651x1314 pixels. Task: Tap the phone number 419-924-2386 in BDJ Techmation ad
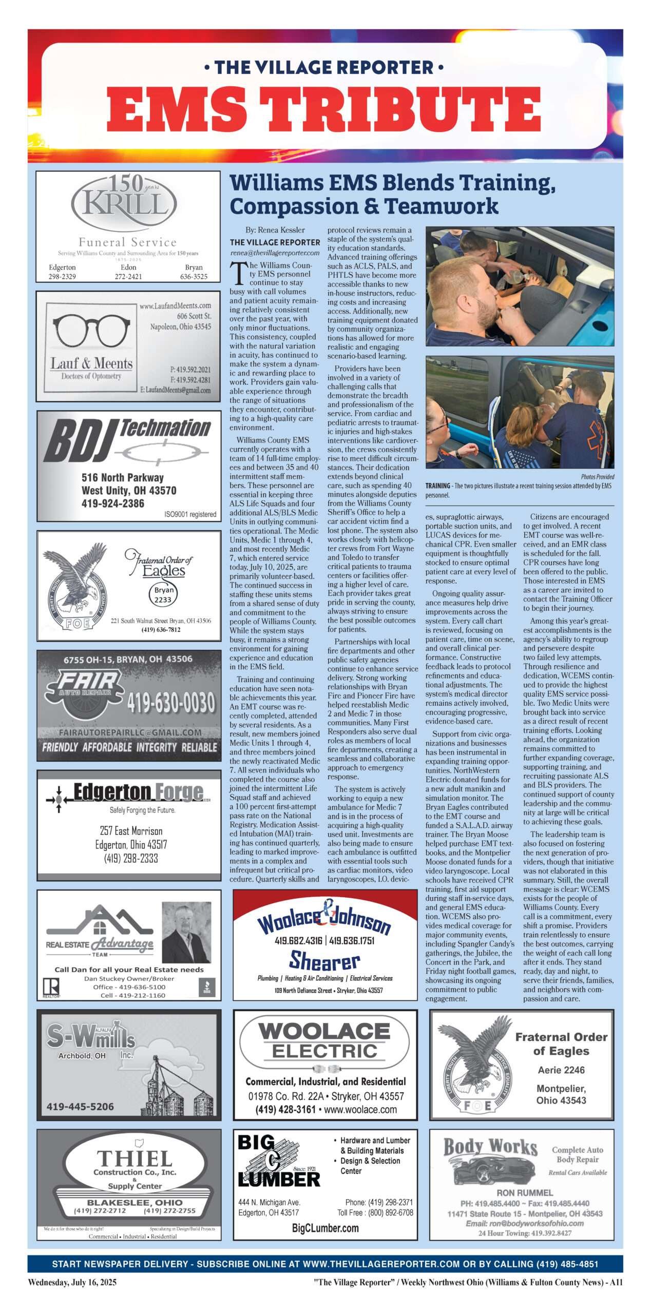pos(112,503)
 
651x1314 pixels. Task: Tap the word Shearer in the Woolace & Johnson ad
pos(324,961)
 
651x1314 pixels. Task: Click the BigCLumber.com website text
pos(325,1228)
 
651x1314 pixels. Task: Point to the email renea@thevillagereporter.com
pos(275,253)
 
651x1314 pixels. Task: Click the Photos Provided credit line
pos(597,477)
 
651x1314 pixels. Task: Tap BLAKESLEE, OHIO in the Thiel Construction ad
pos(135,1203)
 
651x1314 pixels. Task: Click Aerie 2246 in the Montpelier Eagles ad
pos(561,1070)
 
